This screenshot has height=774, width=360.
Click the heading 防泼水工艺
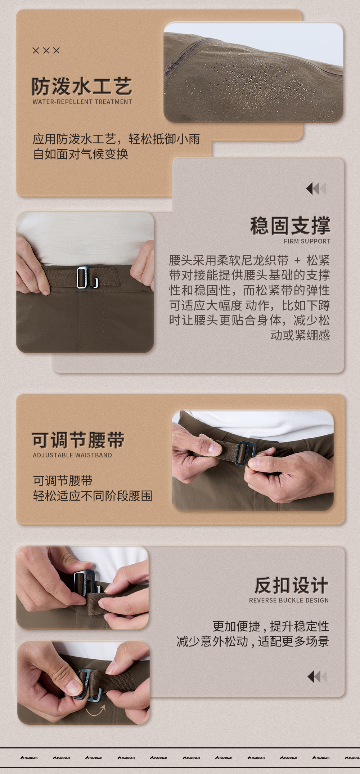coord(82,86)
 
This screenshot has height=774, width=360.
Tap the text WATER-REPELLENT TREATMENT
coord(82,102)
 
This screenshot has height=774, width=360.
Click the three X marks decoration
coord(46,50)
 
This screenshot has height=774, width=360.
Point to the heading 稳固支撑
coord(290,226)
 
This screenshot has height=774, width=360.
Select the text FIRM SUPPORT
coord(307,241)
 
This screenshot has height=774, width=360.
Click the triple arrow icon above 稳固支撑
coord(316,188)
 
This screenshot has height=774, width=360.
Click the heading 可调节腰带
coord(78,440)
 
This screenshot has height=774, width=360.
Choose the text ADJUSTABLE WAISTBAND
coord(72,455)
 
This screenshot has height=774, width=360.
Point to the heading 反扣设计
coord(291,585)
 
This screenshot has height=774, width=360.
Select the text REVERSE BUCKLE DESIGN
coord(289,600)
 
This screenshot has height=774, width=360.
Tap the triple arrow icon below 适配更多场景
coord(318,677)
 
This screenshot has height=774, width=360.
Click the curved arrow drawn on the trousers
coord(96,711)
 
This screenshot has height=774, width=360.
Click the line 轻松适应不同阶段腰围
coord(93,496)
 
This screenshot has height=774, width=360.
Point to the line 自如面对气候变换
coord(81,154)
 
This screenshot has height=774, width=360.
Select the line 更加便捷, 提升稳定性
coord(271,626)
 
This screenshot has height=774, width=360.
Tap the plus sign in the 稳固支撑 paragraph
coord(297,260)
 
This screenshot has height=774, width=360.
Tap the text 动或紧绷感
coord(300,335)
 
